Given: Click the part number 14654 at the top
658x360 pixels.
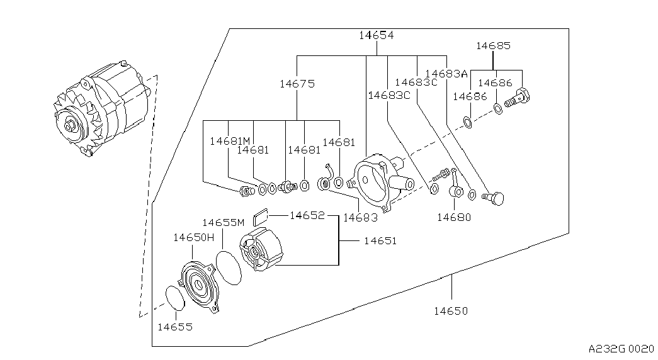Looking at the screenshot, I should pyautogui.click(x=377, y=36).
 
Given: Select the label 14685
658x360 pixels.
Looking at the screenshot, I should pyautogui.click(x=493, y=46).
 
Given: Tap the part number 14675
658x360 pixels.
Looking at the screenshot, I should pyautogui.click(x=297, y=83).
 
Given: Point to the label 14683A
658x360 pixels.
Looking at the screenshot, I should pyautogui.click(x=446, y=74).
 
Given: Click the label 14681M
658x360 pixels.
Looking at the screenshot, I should pyautogui.click(x=230, y=142).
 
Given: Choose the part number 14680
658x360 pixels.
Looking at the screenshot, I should pyautogui.click(x=454, y=217).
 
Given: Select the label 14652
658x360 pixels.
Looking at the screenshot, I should pyautogui.click(x=307, y=215).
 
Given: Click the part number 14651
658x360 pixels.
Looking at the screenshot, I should pyautogui.click(x=380, y=240).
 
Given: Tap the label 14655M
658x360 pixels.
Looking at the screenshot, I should pyautogui.click(x=223, y=222).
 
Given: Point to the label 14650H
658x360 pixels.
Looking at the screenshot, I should pyautogui.click(x=194, y=237).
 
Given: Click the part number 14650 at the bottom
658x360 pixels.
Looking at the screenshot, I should pyautogui.click(x=451, y=310).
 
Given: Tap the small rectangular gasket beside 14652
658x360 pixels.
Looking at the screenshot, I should pyautogui.click(x=260, y=218).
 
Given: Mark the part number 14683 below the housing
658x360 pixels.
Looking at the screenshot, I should pyautogui.click(x=361, y=217).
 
